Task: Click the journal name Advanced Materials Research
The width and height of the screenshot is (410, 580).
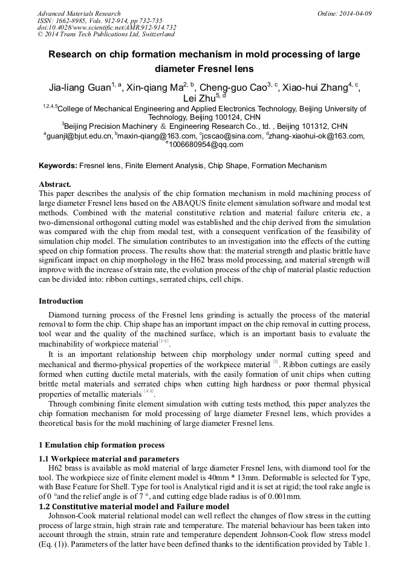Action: [x=79, y=13]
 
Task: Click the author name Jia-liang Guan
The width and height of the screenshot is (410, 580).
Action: [x=79, y=88]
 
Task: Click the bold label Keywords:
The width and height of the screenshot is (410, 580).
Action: [x=58, y=165]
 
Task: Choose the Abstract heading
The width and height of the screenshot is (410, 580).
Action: [x=55, y=184]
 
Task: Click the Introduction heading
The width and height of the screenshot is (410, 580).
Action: [x=61, y=301]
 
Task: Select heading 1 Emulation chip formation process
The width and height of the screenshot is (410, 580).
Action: [x=102, y=445]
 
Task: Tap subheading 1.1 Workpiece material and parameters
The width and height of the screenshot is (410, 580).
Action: [x=109, y=459]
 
